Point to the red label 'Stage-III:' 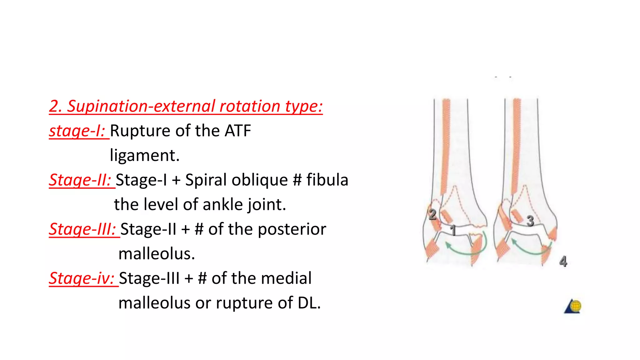pyautogui.click(x=83, y=229)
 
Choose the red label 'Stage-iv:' pyautogui.click(x=82, y=278)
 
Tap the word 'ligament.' pyautogui.click(x=145, y=155)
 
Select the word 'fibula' pyautogui.click(x=327, y=180)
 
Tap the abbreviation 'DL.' pyautogui.click(x=309, y=303)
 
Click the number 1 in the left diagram pyautogui.click(x=453, y=231)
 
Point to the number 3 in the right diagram pyautogui.click(x=530, y=221)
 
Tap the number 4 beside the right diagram pyautogui.click(x=563, y=261)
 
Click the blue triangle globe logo pyautogui.click(x=573, y=306)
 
